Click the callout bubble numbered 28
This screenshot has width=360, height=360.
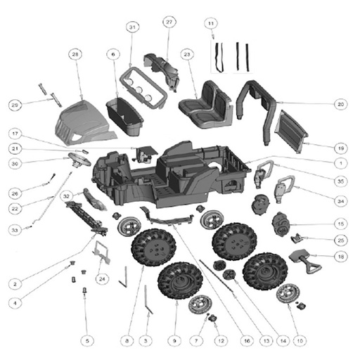pos(75,55)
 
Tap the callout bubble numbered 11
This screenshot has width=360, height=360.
pos(211,23)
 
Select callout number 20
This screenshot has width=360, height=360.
pos(341,104)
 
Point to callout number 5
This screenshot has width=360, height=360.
pos(87,340)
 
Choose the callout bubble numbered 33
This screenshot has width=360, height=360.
pos(15,230)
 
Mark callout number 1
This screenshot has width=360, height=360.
pos(341,163)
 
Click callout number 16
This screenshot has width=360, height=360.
pos(247,340)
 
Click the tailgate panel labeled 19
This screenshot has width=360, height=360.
pos(290,131)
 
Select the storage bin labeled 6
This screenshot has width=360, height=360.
pos(124,117)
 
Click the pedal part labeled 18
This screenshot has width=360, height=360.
pos(304,260)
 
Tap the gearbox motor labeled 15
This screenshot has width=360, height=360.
pos(281,224)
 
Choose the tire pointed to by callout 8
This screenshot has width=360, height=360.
pos(153,247)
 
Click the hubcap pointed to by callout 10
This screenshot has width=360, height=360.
pos(288,293)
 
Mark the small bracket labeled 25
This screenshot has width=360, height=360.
pos(297,238)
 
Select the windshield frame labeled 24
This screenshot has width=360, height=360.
pos(101,252)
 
